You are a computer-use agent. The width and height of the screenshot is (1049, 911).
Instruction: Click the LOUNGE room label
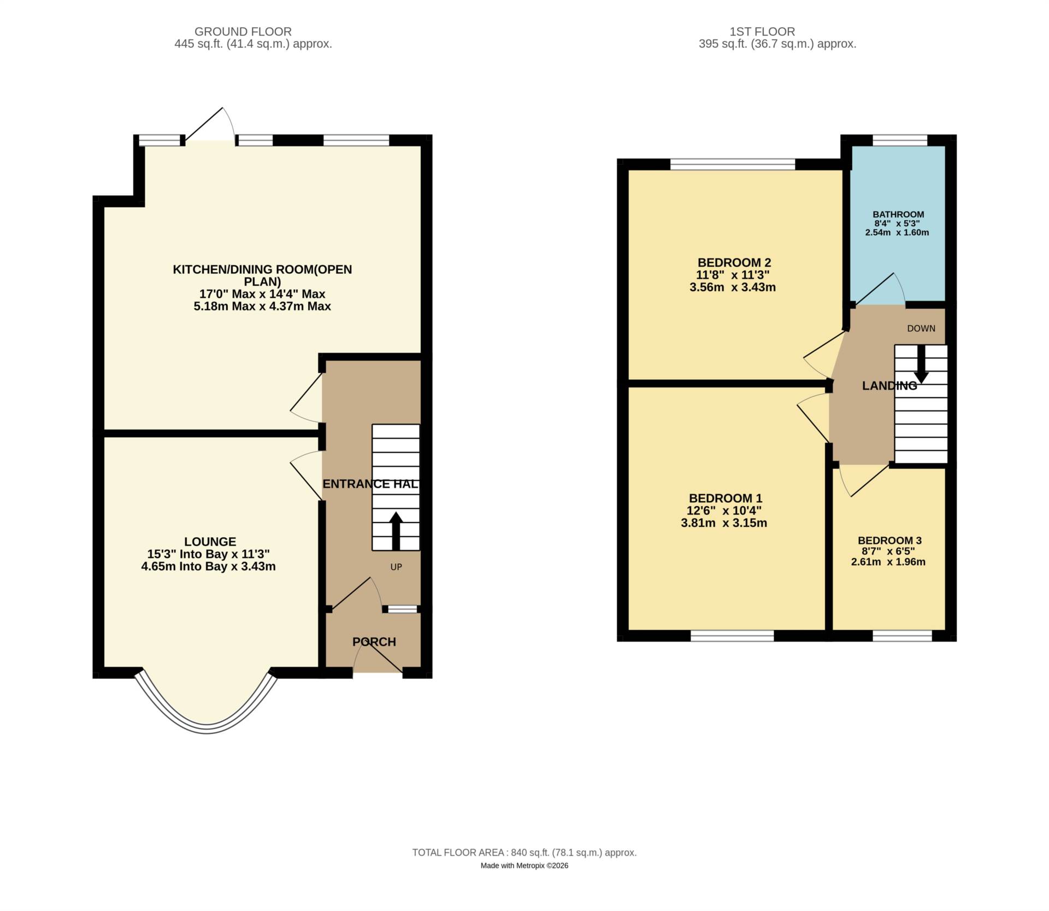click(210, 542)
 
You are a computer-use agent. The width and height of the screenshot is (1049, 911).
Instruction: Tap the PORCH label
click(374, 642)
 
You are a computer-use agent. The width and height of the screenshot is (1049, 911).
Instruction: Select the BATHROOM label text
click(898, 215)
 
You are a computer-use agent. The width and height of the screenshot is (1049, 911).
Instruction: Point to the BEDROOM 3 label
click(889, 540)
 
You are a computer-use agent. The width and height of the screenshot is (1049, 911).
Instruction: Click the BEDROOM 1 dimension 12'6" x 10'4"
click(724, 511)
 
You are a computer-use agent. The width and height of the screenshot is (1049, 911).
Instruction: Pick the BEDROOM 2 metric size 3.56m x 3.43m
click(733, 287)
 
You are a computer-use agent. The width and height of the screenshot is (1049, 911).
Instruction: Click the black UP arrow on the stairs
click(396, 531)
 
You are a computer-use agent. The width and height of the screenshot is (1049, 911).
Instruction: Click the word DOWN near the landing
click(921, 328)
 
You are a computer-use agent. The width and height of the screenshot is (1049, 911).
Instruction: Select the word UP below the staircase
click(396, 567)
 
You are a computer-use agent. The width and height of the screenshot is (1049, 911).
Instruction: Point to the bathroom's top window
click(900, 140)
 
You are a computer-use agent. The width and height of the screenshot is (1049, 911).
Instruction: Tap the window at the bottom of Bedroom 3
click(902, 636)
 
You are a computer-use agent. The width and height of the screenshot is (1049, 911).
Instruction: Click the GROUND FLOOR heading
click(243, 32)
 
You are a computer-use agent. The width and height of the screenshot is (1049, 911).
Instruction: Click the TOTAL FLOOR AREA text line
click(524, 853)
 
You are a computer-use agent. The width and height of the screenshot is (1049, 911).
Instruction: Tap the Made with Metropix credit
click(524, 866)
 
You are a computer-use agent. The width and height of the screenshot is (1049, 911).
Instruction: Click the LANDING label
click(889, 386)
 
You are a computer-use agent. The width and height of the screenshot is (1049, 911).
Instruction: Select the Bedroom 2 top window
click(733, 164)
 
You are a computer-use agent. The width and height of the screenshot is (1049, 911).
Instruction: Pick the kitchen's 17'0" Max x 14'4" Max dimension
click(262, 294)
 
